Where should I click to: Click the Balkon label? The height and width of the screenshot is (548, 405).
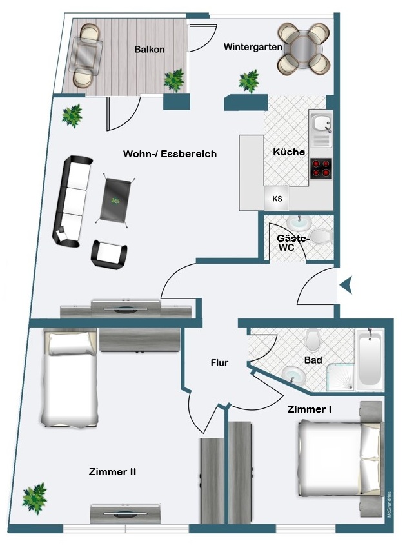pos(150,49)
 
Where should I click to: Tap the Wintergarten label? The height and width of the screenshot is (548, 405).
pos(253,47)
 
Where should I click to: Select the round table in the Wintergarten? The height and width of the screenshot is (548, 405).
pos(304,48)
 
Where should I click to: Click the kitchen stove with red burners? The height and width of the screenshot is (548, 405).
pos(321,168)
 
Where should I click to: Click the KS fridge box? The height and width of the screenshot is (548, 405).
pos(277,199)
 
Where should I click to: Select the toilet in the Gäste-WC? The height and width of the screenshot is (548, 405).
pos(321,237)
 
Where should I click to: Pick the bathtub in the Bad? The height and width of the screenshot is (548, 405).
pos(370,359)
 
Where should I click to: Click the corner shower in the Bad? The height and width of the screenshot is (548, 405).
pos(341,377)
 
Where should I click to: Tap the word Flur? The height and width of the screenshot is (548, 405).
pos(219,363)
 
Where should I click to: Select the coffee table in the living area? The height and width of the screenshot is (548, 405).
pos(115,200)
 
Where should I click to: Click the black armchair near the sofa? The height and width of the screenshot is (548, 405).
pos(109,255)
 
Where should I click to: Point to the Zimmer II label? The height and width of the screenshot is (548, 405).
pos(112,472)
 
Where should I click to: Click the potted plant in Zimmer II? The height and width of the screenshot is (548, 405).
pos(34,498)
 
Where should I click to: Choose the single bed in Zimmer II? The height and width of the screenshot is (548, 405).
pos(70,377)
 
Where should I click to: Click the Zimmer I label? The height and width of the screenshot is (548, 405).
pos(310,409)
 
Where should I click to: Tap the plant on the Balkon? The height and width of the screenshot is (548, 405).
pos(174,80)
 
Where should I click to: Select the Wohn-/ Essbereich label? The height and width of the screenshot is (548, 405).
pos(170,154)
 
